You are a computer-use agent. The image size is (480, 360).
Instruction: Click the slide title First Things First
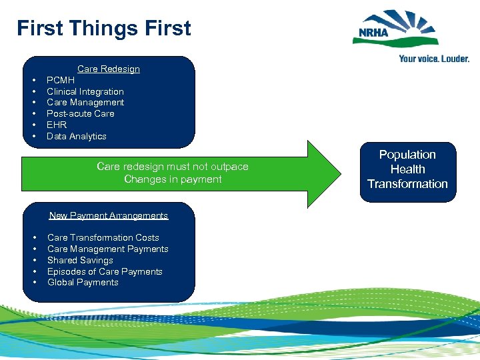104,29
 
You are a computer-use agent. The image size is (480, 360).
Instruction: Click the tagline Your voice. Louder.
433,59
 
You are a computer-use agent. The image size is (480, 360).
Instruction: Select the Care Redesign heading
108,69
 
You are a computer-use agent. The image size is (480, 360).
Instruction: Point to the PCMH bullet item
61,80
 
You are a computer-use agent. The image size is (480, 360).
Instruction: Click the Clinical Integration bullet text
85,91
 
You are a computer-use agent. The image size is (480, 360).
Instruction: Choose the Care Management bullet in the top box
85,102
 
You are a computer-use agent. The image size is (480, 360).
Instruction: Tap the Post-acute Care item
80,113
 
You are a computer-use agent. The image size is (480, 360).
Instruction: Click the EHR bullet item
57,125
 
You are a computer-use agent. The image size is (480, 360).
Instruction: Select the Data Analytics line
76,136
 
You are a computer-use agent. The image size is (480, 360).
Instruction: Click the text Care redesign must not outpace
172,167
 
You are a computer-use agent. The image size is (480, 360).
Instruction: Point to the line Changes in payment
173,179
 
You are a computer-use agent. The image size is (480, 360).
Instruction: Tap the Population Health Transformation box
407,169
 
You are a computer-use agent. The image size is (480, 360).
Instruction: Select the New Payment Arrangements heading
108,215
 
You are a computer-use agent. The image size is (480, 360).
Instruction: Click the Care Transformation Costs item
103,237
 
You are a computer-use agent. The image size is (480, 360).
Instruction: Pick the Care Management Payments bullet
107,249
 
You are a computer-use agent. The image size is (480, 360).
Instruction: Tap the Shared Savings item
80,260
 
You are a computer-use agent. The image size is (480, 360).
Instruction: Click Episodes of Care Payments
105,271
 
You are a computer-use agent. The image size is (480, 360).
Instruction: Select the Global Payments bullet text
83,282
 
